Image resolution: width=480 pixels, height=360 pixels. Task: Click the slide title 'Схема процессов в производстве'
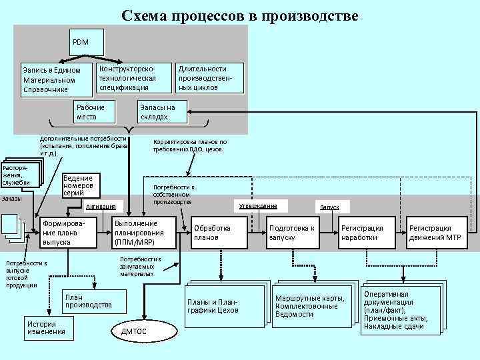pos(239,15)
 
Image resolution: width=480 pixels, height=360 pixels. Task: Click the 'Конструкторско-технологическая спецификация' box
pos(132,78)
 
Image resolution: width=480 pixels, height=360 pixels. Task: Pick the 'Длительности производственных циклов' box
pos(209,78)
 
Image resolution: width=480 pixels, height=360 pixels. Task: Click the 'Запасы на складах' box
pos(163,112)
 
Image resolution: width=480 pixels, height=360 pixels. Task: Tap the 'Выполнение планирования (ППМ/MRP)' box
pos(144,233)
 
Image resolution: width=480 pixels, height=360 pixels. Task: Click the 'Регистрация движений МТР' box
pos(436,233)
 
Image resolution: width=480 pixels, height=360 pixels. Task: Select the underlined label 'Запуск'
pos(329,207)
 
